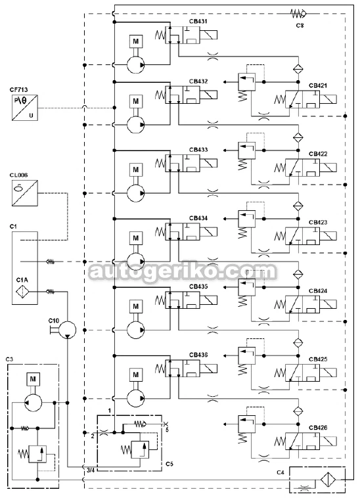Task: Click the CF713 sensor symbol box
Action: [x=25, y=108]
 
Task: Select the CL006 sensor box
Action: [x=25, y=193]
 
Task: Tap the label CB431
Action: [x=198, y=21]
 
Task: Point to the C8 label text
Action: [x=300, y=25]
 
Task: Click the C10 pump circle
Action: [x=68, y=329]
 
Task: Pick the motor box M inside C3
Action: [x=33, y=379]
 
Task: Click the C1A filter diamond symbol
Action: [x=22, y=292]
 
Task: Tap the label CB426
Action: [x=318, y=428]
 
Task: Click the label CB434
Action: [x=198, y=218]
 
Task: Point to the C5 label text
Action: [x=169, y=464]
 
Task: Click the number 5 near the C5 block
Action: [x=167, y=430]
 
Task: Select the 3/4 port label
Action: [x=91, y=470]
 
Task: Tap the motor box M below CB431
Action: [x=136, y=41]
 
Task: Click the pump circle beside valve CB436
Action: [x=135, y=398]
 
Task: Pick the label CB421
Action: [x=318, y=85]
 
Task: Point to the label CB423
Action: [x=318, y=222]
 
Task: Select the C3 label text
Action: [x=9, y=359]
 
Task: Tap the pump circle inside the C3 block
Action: [x=33, y=402]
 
